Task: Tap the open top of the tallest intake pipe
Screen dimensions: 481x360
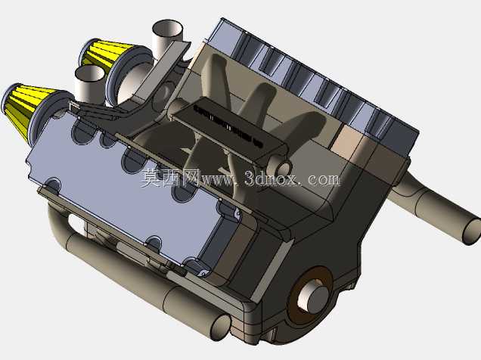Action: click(x=167, y=28)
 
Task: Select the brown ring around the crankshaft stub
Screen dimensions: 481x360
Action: click(x=310, y=295)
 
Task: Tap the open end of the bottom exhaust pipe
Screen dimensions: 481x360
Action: click(x=220, y=327)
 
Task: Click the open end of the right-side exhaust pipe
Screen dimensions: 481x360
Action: click(x=472, y=231)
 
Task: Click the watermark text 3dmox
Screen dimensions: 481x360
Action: click(x=272, y=178)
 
